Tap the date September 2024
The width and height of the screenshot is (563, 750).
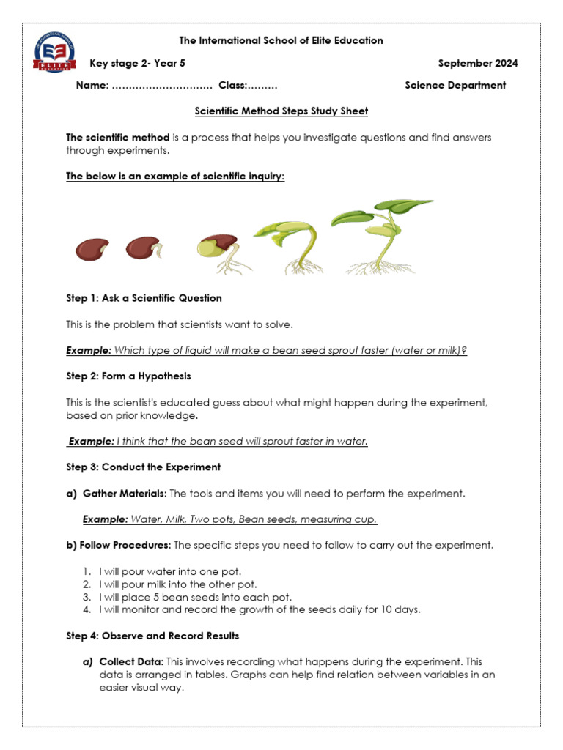477,63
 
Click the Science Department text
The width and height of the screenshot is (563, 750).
455,85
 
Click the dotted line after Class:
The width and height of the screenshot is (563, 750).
262,86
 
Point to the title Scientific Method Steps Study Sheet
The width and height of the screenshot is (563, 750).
281,111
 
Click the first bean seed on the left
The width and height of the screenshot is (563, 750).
92,250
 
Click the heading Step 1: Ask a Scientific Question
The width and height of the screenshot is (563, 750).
144,298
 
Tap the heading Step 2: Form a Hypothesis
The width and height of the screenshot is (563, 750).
128,376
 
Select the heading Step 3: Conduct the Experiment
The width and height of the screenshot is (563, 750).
143,467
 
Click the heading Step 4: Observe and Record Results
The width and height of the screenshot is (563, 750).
152,636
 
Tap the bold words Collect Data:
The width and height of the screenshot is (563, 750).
126,661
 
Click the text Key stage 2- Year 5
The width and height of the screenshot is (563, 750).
138,63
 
